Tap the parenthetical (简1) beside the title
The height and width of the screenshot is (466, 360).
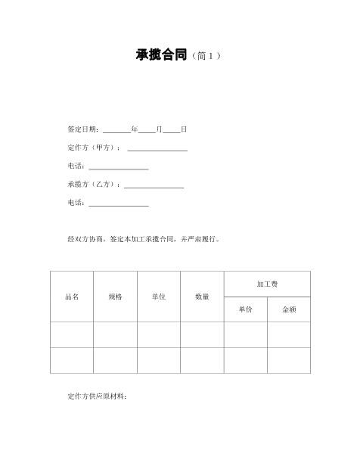pos(205,56)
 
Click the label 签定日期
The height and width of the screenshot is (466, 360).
pos(83,129)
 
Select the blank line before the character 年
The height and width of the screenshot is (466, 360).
pos(116,130)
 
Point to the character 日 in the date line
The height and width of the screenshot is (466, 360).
pos(184,129)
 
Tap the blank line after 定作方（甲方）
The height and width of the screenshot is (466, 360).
pos(157,148)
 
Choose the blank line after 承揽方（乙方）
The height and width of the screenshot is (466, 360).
pos(154,185)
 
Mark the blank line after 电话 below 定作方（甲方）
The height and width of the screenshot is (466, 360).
pos(119,166)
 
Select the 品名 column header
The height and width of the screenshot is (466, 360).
pos(72,297)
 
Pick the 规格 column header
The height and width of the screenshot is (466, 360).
pos(115,297)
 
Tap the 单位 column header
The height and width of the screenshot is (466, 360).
pos(158,297)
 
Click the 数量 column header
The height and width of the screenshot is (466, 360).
pos(202,297)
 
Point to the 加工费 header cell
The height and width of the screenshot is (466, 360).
pos(267,284)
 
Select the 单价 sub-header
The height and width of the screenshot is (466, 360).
pos(245,309)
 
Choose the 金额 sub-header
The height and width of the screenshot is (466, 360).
pos(289,309)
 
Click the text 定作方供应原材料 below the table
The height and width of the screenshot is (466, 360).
pos(98,396)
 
